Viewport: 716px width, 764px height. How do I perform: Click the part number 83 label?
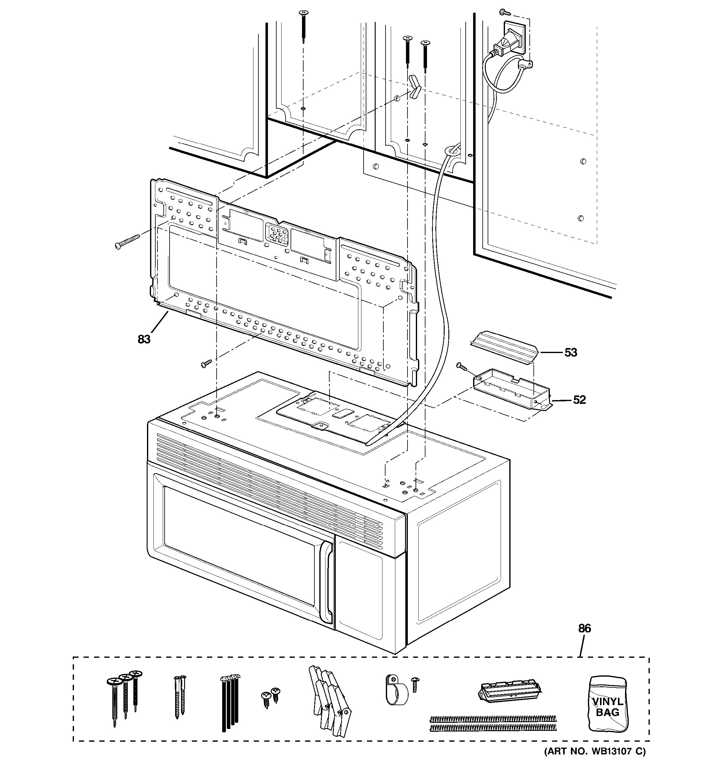pyautogui.click(x=144, y=339)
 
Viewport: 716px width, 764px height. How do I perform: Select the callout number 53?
pyautogui.click(x=571, y=352)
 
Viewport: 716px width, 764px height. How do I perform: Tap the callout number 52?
pyautogui.click(x=579, y=400)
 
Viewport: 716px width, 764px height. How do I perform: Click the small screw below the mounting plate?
pyautogui.click(x=206, y=364)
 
